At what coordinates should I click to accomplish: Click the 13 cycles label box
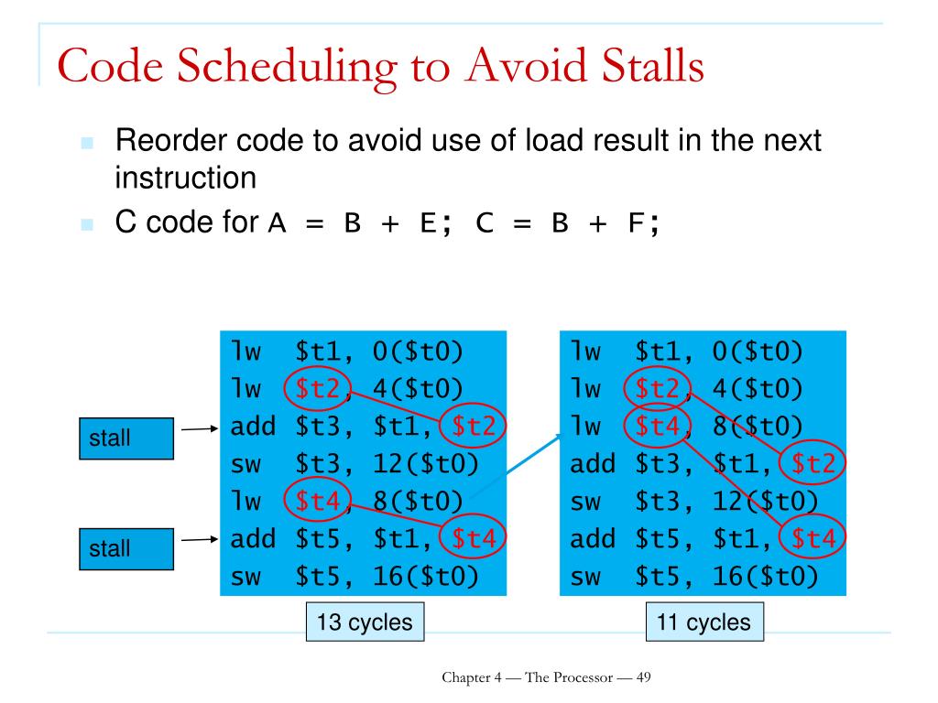(365, 623)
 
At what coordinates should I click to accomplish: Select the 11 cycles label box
(703, 623)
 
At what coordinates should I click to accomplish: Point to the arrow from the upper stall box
(199, 427)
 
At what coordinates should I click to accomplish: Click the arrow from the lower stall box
(199, 539)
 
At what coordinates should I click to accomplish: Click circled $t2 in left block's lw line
(316, 390)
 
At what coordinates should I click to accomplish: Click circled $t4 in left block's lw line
(316, 502)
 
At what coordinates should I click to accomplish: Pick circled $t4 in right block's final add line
(813, 539)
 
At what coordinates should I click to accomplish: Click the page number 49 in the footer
(642, 677)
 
